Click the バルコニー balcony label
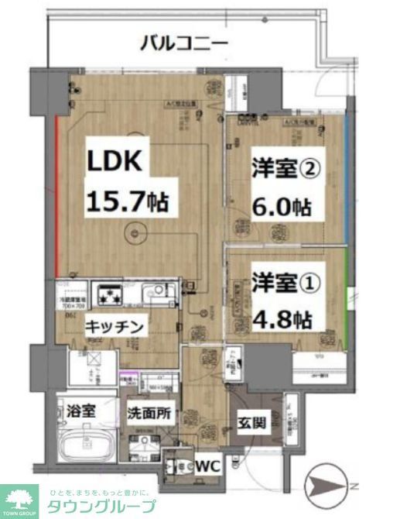[x=183, y=42]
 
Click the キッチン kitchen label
[x=114, y=327]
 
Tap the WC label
[x=206, y=466]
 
